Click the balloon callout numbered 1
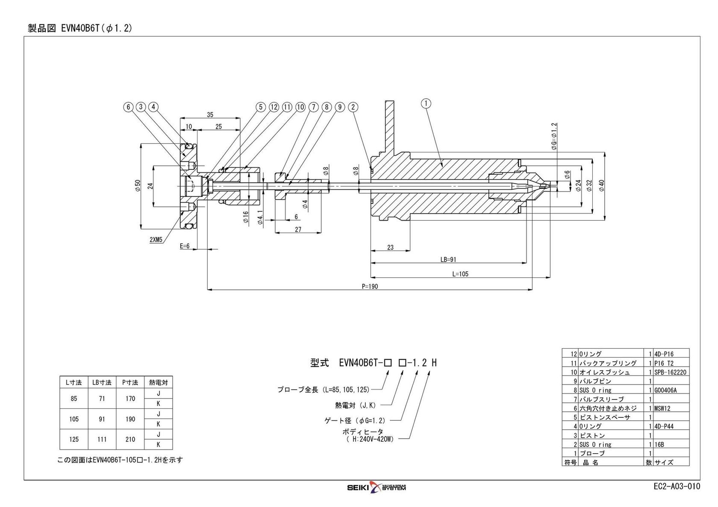tap(427, 103)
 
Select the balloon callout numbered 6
tap(128, 107)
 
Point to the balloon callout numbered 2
tap(353, 107)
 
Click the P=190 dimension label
tap(370, 287)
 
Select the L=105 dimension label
tap(460, 274)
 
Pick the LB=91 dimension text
tap(448, 259)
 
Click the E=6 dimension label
tap(185, 246)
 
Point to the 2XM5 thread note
tap(156, 240)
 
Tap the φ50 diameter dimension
tap(138, 186)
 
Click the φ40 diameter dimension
tap(601, 186)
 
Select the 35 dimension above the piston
tap(210, 114)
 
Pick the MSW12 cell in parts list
tap(662, 408)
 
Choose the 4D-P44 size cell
tap(664, 426)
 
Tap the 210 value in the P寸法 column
tap(130, 439)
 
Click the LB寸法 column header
tap(102, 383)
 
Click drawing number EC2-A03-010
tap(677, 487)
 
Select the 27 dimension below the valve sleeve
tap(298, 230)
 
